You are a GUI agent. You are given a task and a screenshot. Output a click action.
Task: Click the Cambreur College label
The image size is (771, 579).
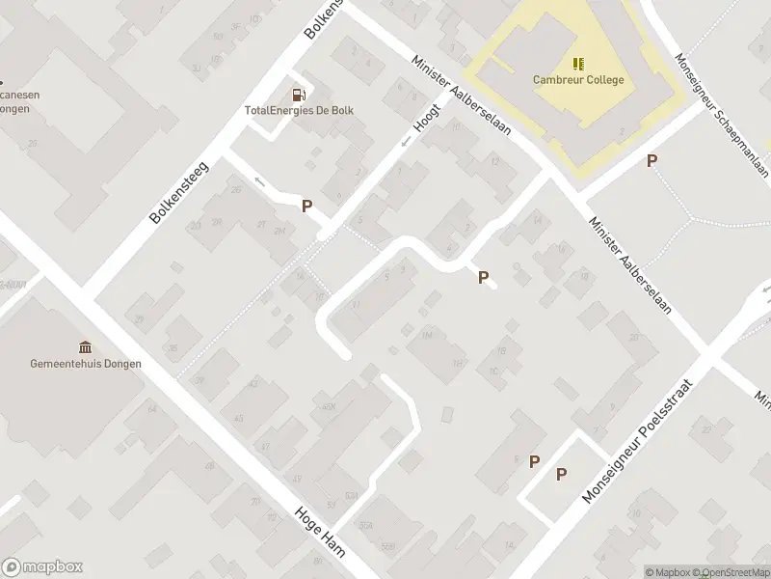(x=578, y=80)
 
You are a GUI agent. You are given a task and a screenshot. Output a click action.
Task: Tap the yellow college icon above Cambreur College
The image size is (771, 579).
(x=578, y=64)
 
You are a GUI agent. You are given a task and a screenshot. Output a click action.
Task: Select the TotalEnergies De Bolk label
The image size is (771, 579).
(x=299, y=110)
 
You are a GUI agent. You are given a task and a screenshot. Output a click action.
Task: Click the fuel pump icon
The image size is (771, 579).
(x=299, y=95)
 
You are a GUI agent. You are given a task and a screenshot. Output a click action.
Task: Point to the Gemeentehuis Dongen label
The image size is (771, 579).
(x=86, y=364)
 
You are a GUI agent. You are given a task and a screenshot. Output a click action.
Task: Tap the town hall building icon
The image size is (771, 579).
(x=86, y=347)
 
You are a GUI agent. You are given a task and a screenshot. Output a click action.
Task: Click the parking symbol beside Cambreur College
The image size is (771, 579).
(x=652, y=161)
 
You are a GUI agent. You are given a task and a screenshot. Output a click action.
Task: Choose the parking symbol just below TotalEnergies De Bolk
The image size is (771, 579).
(x=307, y=206)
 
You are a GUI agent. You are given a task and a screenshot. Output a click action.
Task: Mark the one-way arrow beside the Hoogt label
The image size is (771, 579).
(x=406, y=142)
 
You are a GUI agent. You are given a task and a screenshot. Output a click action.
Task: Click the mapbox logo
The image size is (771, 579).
(x=42, y=567)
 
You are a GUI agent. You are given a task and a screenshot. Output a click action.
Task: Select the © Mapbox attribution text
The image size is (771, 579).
(x=670, y=573)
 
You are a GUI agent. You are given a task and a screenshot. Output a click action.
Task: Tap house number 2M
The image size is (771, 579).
(x=279, y=230)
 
